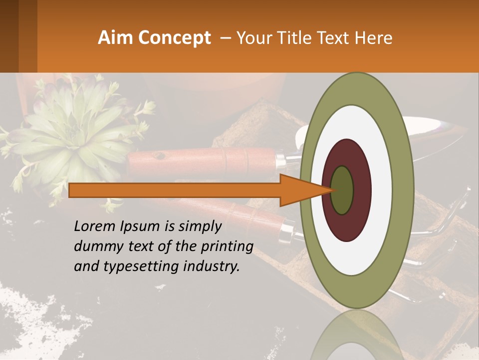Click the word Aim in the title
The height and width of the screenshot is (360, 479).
(x=116, y=38)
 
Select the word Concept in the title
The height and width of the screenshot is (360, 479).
(x=174, y=38)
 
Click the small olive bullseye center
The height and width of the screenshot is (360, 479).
(x=342, y=190)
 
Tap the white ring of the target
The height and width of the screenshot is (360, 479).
(x=381, y=190)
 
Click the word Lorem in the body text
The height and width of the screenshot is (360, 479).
(x=94, y=226)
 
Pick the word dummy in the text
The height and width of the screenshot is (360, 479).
(x=95, y=247)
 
